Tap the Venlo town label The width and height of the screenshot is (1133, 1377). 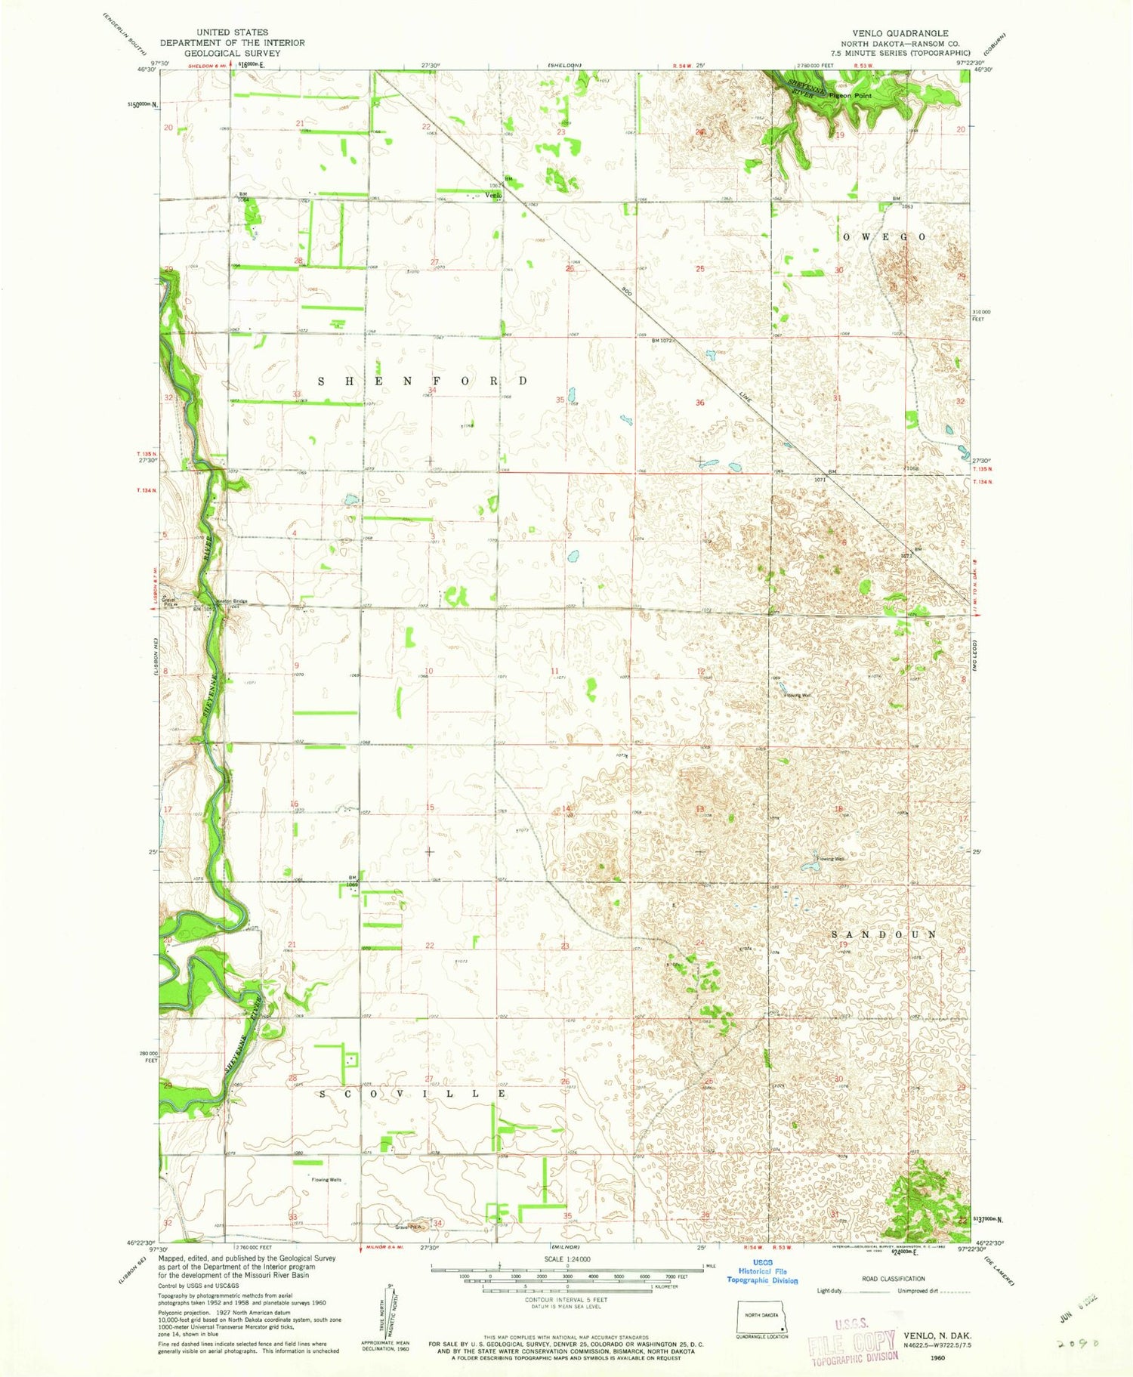(493, 195)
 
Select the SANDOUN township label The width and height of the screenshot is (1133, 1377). (884, 934)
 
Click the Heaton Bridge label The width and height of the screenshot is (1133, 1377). (231, 601)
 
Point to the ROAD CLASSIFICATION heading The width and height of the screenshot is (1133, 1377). (893, 1279)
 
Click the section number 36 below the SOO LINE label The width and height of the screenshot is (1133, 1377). (699, 403)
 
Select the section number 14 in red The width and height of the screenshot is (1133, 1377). (566, 809)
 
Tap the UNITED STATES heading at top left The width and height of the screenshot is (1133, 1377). (232, 32)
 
